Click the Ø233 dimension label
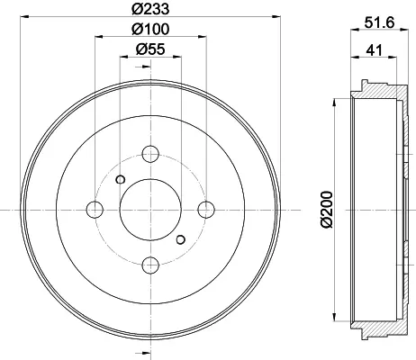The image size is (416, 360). point(150,9)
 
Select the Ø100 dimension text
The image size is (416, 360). point(150,29)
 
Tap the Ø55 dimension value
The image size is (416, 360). point(150,49)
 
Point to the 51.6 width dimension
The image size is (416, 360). point(379,22)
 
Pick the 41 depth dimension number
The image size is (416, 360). point(374,49)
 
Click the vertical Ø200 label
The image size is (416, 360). point(327,210)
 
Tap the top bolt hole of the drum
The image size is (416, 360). point(150,154)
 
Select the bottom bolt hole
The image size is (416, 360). point(150,265)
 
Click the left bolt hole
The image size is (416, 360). point(95,210)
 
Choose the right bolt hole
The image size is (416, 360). point(206,210)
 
